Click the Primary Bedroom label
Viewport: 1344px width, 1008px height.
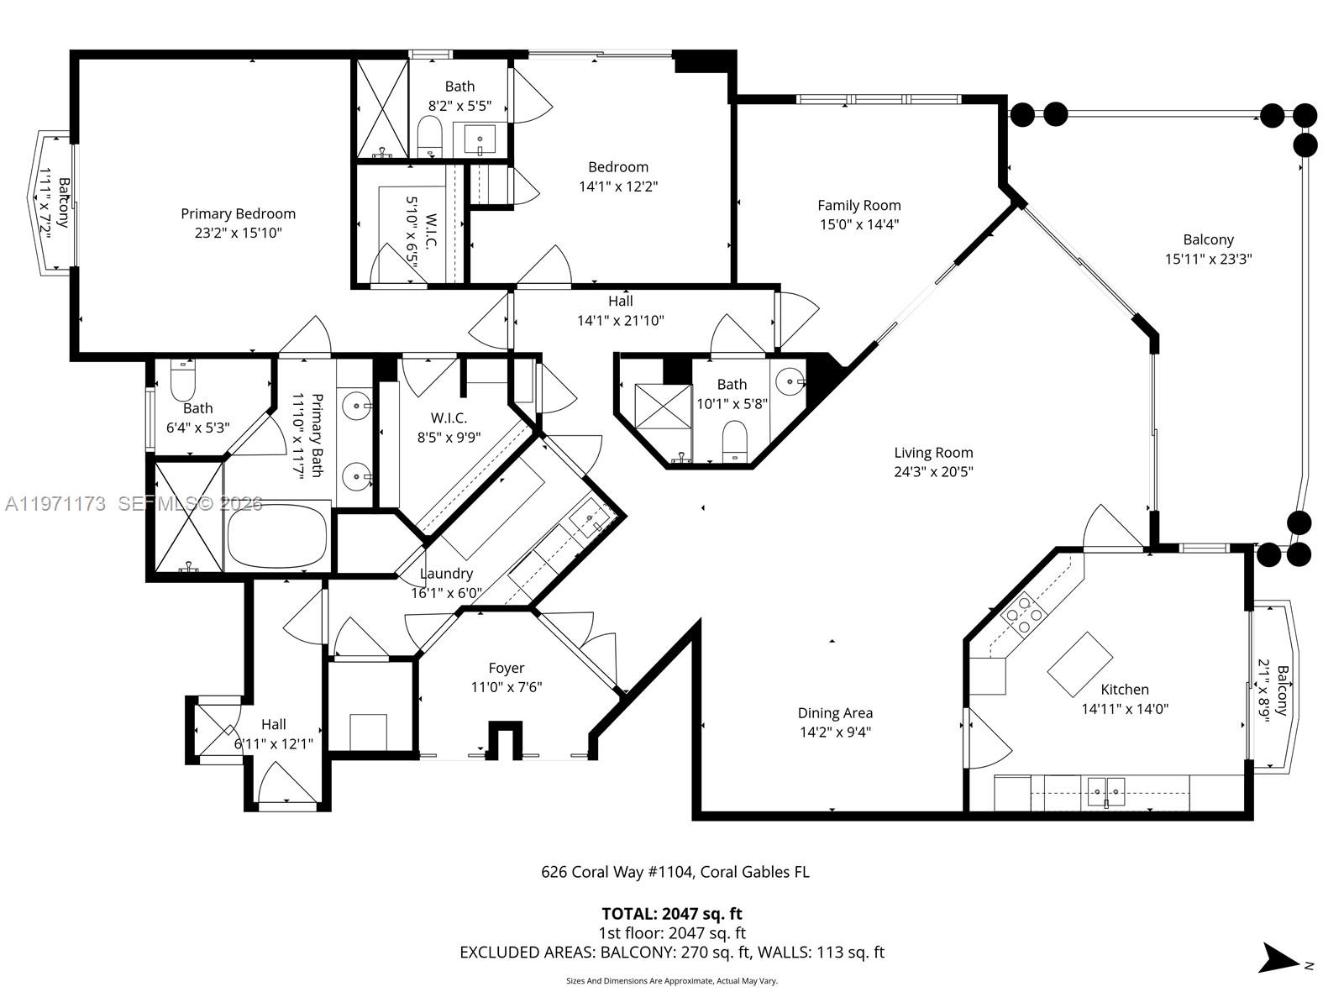point(238,213)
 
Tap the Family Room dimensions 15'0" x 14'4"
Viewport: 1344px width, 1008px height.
point(858,224)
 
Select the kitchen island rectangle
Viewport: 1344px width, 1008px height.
point(1079,664)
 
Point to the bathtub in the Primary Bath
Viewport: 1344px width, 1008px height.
point(277,535)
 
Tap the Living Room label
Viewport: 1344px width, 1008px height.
point(932,453)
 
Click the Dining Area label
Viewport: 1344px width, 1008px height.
point(834,713)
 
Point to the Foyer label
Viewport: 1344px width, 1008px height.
point(506,668)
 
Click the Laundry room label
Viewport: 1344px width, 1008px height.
point(446,573)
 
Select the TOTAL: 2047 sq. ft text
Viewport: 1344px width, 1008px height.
point(671,913)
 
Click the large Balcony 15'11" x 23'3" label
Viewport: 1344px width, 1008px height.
point(1208,239)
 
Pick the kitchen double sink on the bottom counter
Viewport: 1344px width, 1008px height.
point(1106,790)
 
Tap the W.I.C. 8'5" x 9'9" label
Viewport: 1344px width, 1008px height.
point(449,417)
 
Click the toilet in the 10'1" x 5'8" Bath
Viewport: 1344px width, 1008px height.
point(735,439)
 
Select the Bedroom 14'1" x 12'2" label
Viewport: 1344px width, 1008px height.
point(617,167)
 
